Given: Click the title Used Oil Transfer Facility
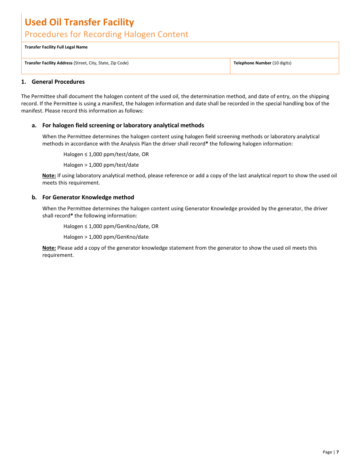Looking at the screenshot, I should [x=79, y=22].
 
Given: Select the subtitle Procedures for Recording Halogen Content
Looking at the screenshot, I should [x=106, y=34].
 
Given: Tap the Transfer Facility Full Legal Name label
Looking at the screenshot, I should [x=56, y=47].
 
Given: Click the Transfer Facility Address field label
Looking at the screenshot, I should [x=49, y=63].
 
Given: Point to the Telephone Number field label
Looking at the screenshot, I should [x=252, y=63].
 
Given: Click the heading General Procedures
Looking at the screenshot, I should [x=58, y=82].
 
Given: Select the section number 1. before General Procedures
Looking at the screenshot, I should [x=23, y=82].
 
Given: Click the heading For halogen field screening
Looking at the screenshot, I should [x=123, y=125].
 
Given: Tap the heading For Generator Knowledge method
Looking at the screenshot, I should [x=88, y=197].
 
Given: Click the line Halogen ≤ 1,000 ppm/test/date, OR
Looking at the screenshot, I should [x=106, y=155].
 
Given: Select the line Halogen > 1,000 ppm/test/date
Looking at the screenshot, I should [x=101, y=165].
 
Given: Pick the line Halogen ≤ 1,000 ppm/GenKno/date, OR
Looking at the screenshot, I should [x=111, y=227].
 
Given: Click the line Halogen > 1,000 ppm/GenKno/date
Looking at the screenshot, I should [x=106, y=237].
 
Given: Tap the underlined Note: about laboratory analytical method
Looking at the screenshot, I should [x=49, y=176].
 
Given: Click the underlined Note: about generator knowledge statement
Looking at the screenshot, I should [x=49, y=248].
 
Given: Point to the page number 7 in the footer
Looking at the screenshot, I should [x=337, y=452].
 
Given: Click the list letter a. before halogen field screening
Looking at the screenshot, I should [x=34, y=125].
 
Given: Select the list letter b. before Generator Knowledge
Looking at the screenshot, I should [x=34, y=197].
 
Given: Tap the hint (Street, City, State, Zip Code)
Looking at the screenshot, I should [x=101, y=63].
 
